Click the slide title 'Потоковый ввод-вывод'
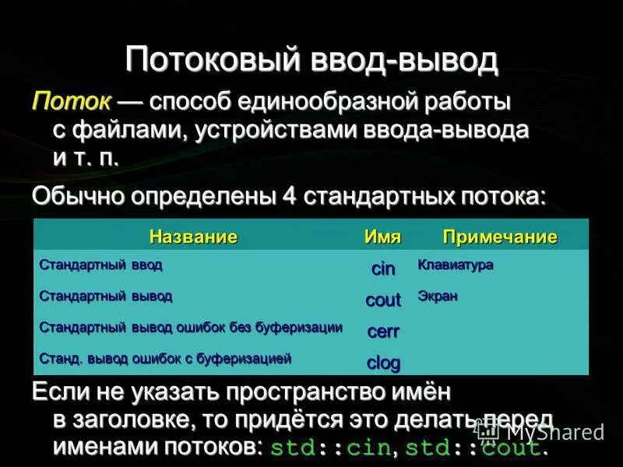311,60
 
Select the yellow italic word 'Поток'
69,102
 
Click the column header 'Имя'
382,237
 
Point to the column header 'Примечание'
500,237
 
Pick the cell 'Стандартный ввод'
101,265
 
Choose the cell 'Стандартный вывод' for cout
106,297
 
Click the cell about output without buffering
191,328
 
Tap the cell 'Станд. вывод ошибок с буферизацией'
165,359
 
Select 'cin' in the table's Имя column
382,269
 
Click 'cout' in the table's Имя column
382,300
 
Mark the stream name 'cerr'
382,332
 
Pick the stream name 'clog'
382,363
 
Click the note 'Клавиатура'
456,265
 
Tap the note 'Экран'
438,297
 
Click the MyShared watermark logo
541,431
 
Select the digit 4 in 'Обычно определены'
288,196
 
